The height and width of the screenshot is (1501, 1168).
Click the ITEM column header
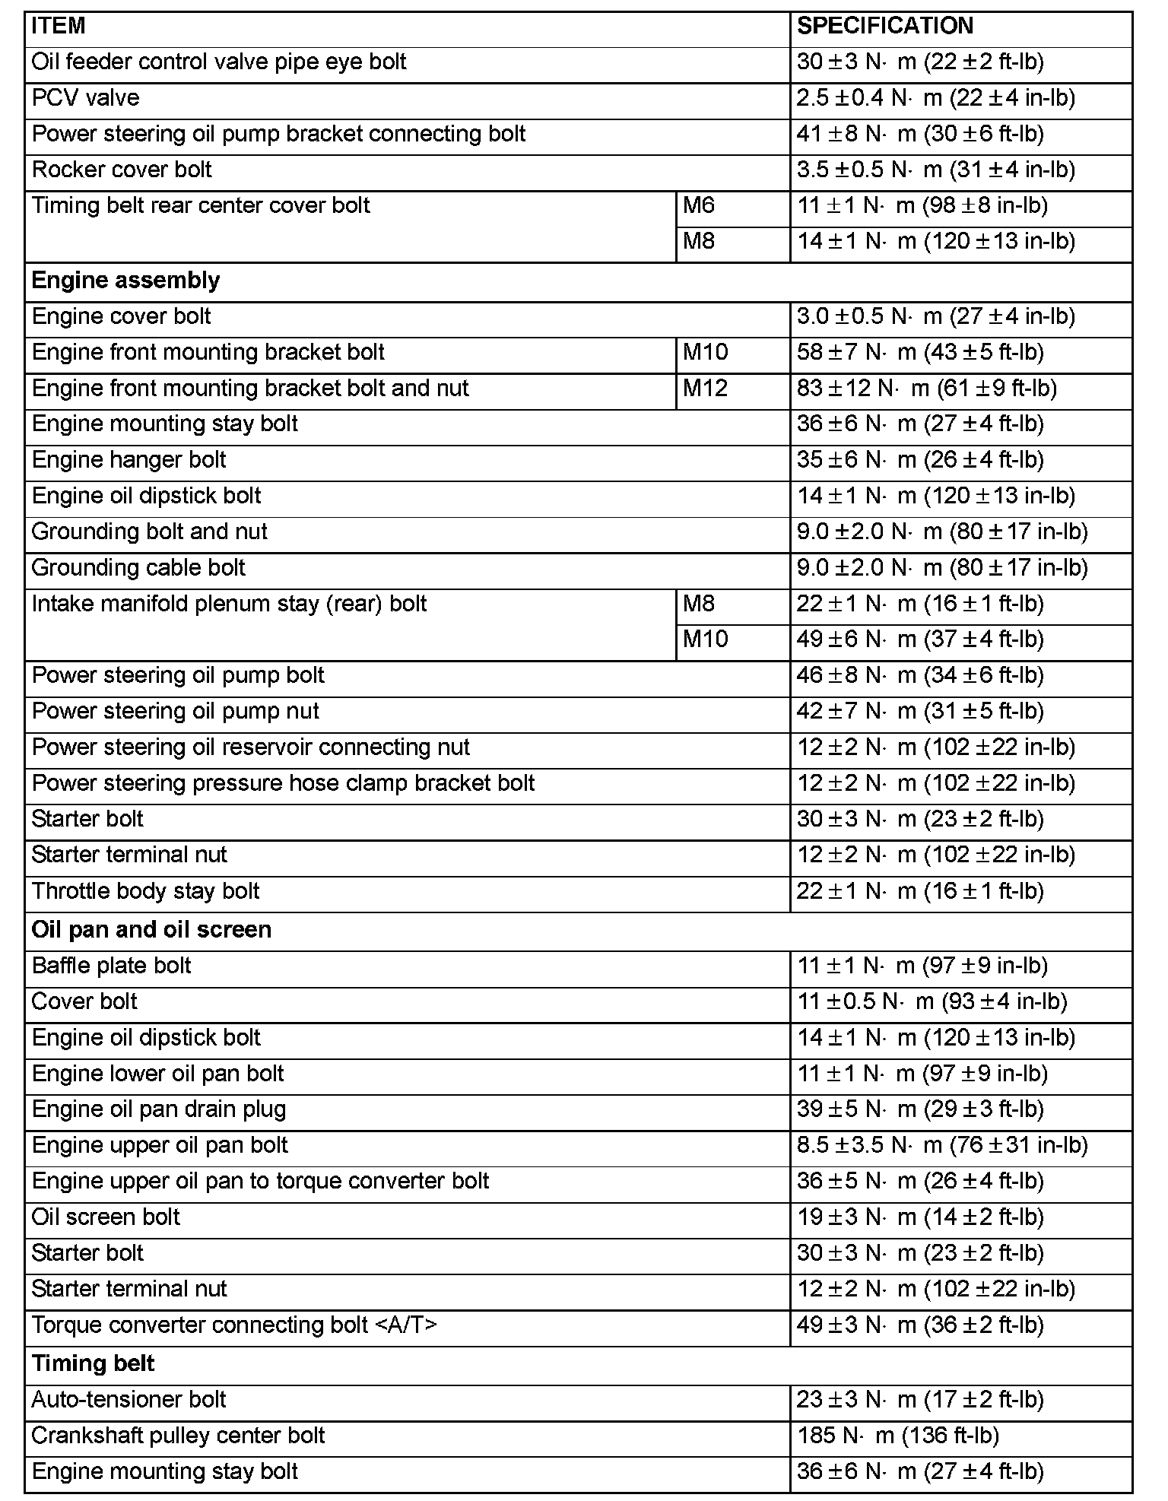59,27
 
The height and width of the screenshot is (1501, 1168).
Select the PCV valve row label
86,98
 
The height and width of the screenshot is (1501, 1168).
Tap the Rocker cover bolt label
122,170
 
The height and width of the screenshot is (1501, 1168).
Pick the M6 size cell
699,205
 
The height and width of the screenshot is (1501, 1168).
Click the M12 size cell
705,389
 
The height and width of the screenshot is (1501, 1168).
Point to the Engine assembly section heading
125,281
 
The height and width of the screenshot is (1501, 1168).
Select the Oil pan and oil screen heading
151,930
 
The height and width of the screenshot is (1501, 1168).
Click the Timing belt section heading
93,1363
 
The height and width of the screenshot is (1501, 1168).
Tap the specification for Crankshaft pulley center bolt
897,1436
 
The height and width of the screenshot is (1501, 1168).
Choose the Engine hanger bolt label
129,460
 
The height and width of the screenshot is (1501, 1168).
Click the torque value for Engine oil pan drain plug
920,1109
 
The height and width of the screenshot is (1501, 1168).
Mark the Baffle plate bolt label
112,966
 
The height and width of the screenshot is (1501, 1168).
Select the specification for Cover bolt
932,1001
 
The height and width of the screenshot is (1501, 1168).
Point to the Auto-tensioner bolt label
129,1400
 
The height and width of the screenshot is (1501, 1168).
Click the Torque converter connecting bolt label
234,1325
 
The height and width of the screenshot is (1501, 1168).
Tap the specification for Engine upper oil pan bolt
942,1145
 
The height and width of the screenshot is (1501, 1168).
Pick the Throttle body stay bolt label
146,891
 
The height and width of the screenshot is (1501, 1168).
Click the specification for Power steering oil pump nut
920,712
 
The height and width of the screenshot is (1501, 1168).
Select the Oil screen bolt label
106,1217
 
